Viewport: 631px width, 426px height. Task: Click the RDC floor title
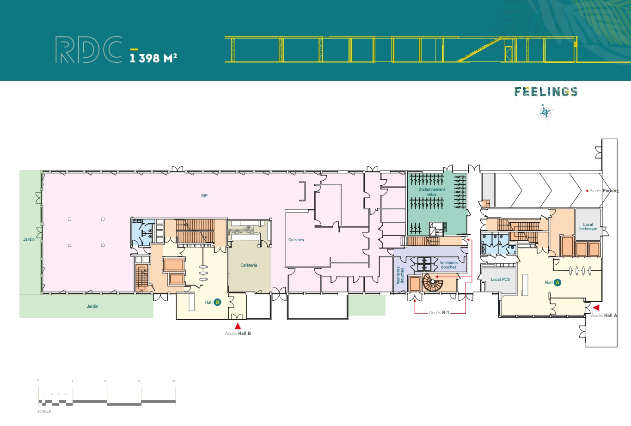[89, 49]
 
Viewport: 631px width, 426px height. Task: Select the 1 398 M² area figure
[153, 58]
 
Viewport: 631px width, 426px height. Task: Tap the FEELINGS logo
[546, 91]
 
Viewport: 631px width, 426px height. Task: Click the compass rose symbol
[545, 112]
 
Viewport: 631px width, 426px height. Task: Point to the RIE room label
[204, 196]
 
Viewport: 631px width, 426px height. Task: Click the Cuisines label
[296, 240]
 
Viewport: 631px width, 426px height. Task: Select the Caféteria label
[249, 265]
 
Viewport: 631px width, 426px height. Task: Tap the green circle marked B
[217, 302]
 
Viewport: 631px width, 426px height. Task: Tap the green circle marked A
[557, 282]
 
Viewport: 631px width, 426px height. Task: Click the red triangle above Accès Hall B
[238, 326]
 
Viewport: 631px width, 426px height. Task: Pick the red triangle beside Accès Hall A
[596, 307]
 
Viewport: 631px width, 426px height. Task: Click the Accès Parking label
[604, 190]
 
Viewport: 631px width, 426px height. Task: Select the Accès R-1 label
[439, 313]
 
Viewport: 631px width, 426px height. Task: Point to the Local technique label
[588, 226]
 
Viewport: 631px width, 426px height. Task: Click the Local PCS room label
[500, 280]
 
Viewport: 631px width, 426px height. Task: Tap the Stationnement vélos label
[432, 192]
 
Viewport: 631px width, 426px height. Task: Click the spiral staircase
[433, 282]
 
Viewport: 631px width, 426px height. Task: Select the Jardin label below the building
[92, 306]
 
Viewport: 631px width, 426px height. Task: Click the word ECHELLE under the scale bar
[44, 411]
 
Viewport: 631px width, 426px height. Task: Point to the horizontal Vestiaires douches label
[448, 265]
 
